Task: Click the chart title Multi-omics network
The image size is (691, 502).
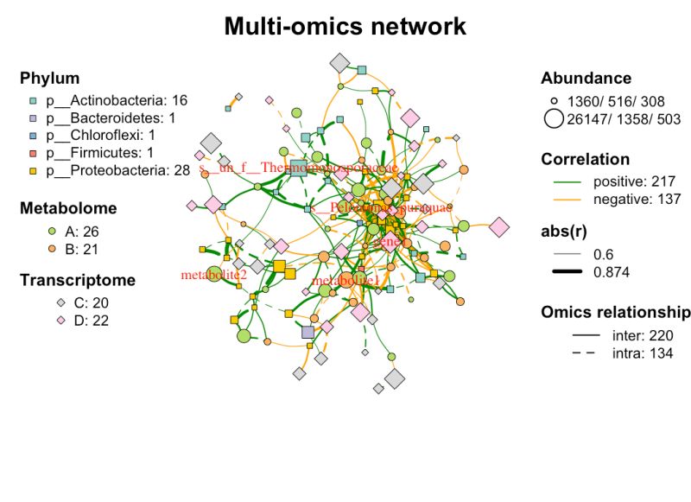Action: pos(345,26)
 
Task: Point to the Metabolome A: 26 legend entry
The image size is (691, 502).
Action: pos(79,232)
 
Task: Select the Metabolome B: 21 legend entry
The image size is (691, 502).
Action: pos(79,249)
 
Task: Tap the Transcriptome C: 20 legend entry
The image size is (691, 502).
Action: pos(79,302)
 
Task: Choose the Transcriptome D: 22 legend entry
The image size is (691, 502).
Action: pos(79,321)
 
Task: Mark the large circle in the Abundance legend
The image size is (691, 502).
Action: pos(554,119)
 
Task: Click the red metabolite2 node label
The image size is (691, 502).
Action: pos(213,275)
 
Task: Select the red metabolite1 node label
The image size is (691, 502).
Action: pos(345,282)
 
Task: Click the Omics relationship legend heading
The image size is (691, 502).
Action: pos(615,312)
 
